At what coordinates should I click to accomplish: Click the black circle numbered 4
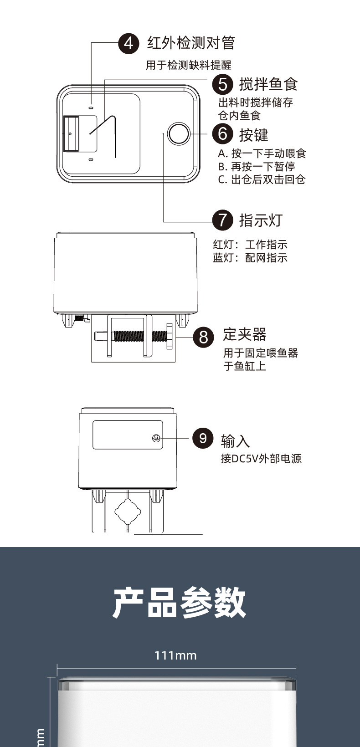[x=129, y=43]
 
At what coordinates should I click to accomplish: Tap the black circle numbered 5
[x=222, y=84]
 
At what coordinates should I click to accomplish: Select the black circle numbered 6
[x=222, y=134]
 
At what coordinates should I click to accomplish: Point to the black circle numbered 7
[x=222, y=220]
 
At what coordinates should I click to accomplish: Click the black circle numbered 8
[x=203, y=337]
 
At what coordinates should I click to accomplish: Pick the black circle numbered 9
[x=203, y=438]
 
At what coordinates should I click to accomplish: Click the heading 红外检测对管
[x=190, y=43]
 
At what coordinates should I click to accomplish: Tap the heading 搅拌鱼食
[x=268, y=84]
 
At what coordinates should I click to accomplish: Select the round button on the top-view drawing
[x=178, y=133]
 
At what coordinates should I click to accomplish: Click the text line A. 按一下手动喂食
[x=262, y=153]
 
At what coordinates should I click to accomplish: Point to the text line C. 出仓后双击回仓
[x=262, y=179]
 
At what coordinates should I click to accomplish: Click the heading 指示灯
[x=261, y=220]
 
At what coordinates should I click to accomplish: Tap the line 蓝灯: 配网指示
[x=250, y=258]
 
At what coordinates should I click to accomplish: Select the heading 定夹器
[x=245, y=335]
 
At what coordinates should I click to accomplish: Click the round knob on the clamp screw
[x=170, y=337]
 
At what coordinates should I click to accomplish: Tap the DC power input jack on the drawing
[x=156, y=438]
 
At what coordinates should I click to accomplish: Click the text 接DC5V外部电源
[x=261, y=459]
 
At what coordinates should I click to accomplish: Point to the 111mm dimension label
[x=175, y=655]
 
